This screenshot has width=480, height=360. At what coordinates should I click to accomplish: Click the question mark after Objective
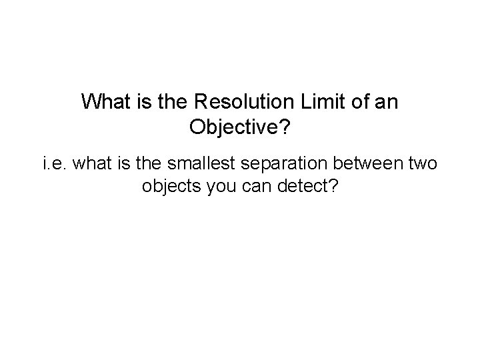pyautogui.click(x=285, y=127)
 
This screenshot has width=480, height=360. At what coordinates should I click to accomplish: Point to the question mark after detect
pyautogui.click(x=333, y=186)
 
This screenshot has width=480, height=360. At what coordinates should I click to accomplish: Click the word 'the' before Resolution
pyautogui.click(x=175, y=103)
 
